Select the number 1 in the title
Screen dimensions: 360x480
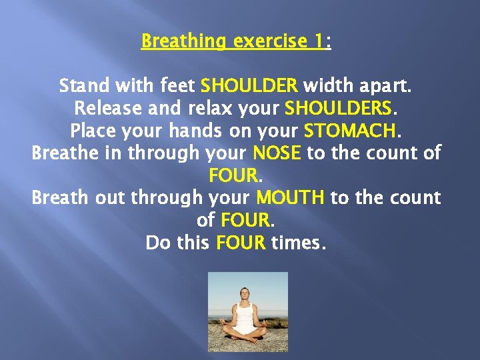320,41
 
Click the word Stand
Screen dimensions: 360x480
83,86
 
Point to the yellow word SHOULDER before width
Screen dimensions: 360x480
249,86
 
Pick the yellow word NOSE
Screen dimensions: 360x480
277,153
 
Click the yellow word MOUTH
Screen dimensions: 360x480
290,198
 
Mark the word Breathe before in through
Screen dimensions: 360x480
68,153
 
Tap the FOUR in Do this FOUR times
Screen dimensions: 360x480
241,243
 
